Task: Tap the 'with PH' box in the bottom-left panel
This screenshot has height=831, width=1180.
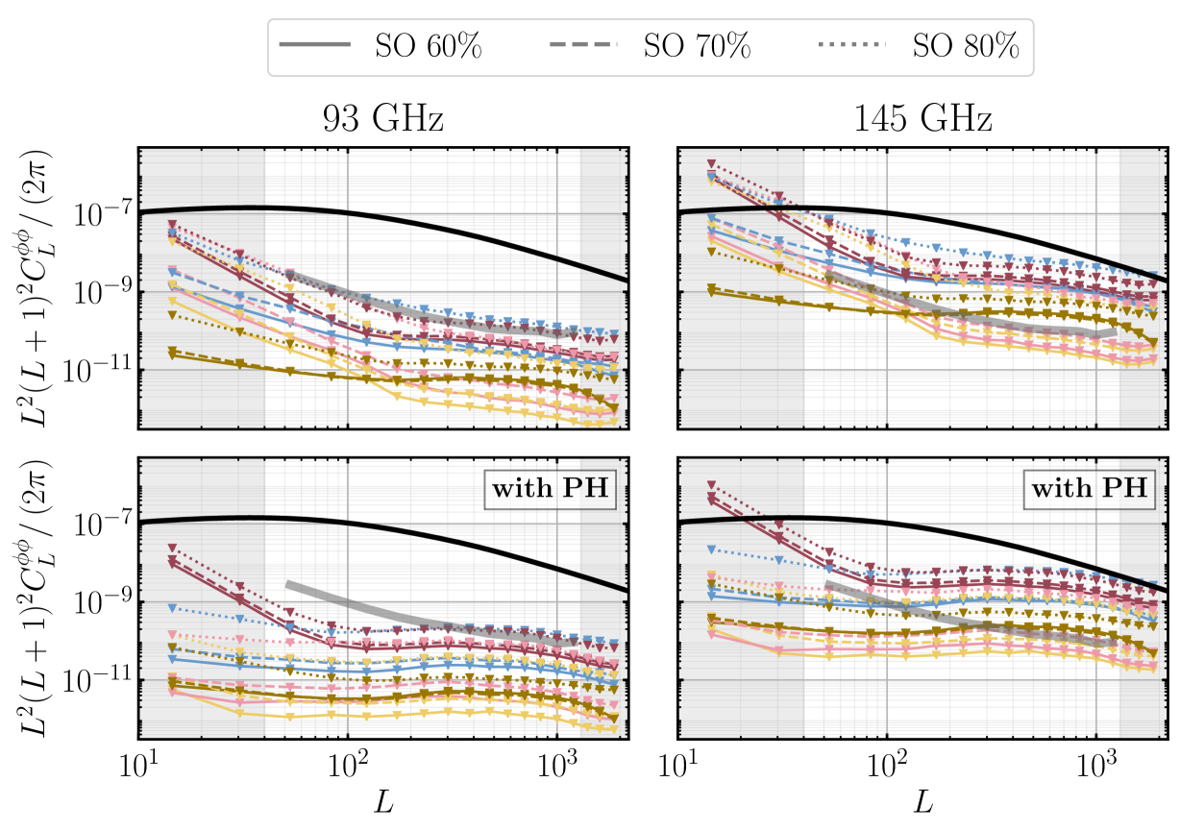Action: click(551, 488)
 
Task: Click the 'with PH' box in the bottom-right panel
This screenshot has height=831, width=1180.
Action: click(1089, 488)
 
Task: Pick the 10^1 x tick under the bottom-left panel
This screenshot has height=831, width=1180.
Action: click(139, 770)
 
